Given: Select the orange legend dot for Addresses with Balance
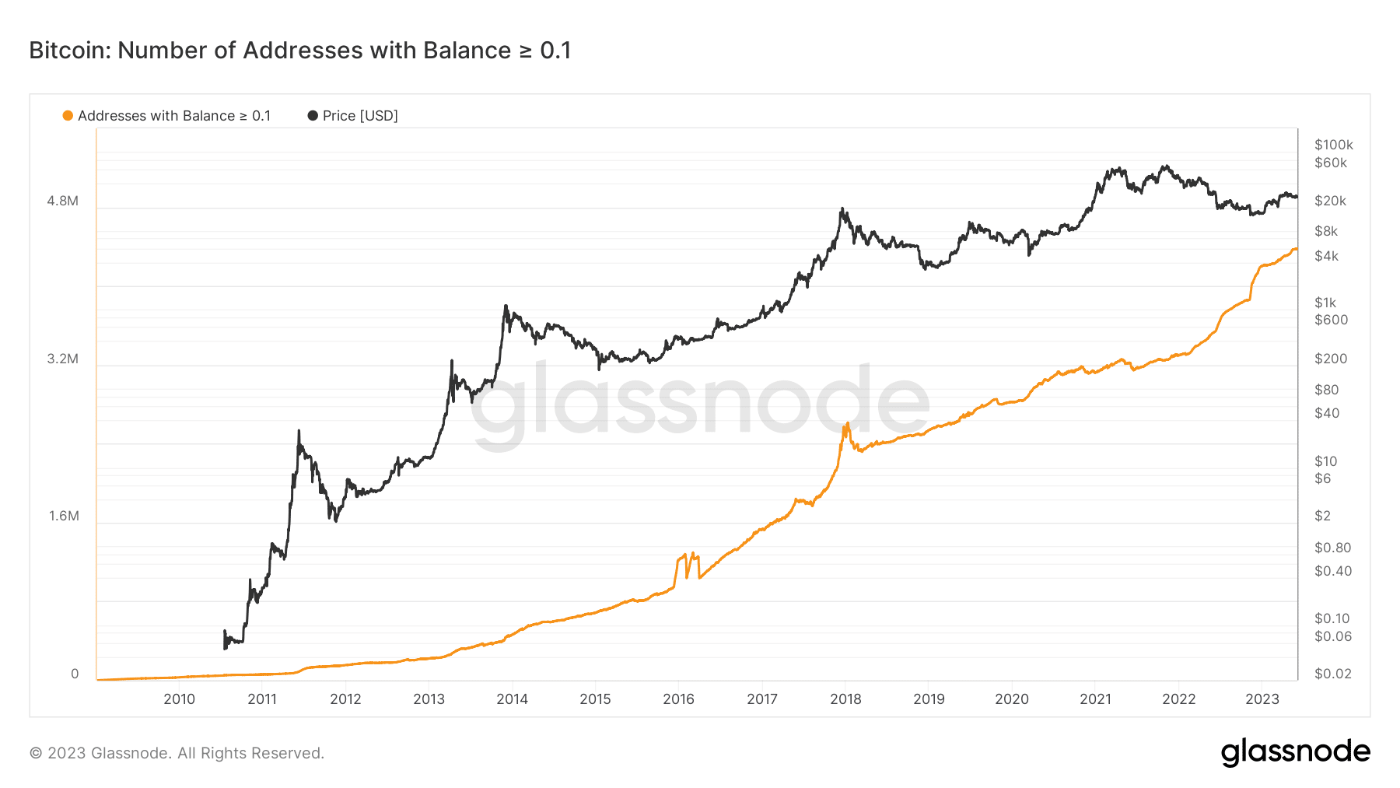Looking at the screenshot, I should [68, 116].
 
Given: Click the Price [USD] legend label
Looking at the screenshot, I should [359, 116].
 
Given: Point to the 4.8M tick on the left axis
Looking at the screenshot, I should [63, 201].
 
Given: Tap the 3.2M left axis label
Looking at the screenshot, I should [63, 359].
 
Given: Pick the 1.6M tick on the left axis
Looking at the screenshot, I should [64, 516].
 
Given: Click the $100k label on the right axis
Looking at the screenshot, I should [1333, 145].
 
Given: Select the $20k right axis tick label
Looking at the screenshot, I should [1330, 201].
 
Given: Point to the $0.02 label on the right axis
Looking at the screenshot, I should [1332, 674].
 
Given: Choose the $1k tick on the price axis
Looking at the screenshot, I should [1325, 303].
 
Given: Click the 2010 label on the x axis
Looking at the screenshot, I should [179, 699].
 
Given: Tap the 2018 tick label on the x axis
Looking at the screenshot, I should [845, 699].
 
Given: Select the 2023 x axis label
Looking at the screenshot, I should [1262, 699].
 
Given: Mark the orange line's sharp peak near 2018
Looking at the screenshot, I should [847, 424].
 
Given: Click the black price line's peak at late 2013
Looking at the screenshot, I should [506, 306].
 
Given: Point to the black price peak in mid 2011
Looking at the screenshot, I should [299, 431].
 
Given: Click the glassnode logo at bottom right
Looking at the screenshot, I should [1295, 752].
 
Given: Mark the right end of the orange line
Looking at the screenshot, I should [1296, 249].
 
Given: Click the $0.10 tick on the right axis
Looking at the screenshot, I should [1332, 618].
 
